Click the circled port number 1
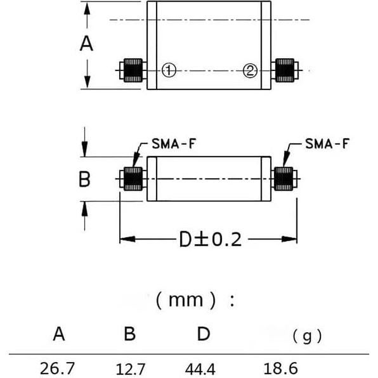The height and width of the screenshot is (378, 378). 168,70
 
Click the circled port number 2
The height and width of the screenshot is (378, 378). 251,70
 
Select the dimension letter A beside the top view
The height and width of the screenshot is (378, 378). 87,44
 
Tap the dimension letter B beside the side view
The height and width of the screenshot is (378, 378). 84,179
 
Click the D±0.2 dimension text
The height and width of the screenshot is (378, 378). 209,240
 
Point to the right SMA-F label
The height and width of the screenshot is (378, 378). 327,143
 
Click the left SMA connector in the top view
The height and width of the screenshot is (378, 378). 131,70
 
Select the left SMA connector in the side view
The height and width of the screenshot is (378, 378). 132,179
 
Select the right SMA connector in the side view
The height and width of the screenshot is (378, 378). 285,179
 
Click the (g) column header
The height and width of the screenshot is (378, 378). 307,336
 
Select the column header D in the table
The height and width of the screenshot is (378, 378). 203,334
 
